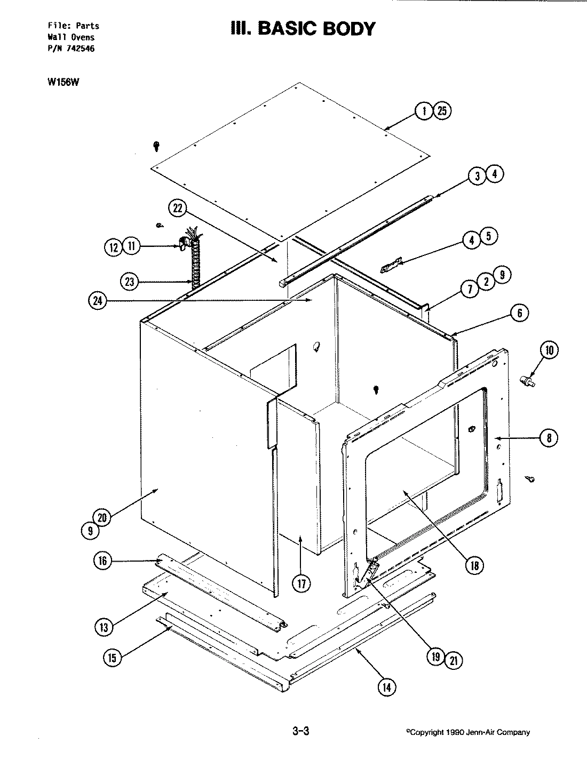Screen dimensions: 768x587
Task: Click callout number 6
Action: (x=519, y=313)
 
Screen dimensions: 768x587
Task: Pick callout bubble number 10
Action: (x=550, y=350)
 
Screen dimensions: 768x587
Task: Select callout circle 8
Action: (x=549, y=438)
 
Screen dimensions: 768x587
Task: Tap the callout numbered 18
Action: (x=473, y=565)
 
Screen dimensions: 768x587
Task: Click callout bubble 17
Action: (x=302, y=583)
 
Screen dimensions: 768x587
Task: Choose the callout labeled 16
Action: (x=102, y=561)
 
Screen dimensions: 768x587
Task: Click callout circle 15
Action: (x=112, y=658)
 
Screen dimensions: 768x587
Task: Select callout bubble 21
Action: (x=453, y=661)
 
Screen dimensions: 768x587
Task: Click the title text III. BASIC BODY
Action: (x=303, y=28)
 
